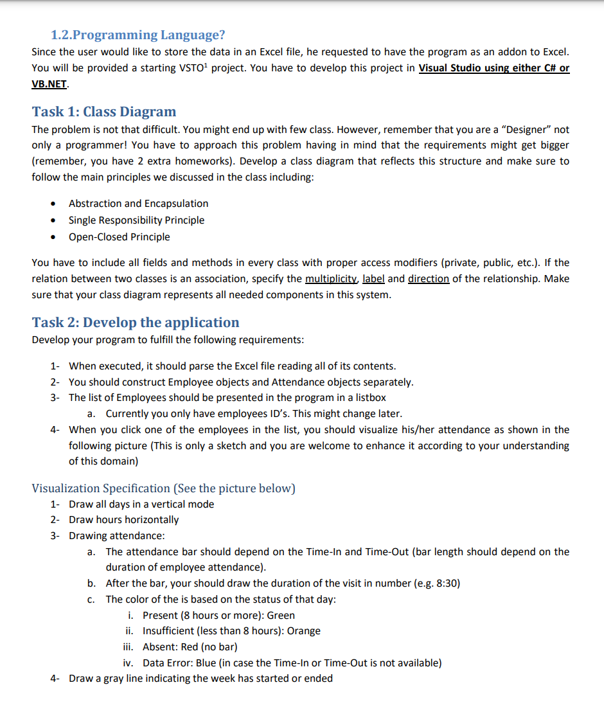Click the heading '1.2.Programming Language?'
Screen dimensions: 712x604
(138, 35)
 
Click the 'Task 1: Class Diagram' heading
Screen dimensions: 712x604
(103, 112)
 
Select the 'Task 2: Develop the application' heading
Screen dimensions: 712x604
(135, 323)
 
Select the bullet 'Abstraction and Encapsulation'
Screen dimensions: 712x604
(138, 204)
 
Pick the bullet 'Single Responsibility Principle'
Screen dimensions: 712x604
(136, 220)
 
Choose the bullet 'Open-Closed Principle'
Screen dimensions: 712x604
(120, 237)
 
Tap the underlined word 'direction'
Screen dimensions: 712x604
(428, 279)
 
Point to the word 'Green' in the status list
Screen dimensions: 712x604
(281, 616)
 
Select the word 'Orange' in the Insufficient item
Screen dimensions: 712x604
(303, 631)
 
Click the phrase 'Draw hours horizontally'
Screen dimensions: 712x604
(123, 520)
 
